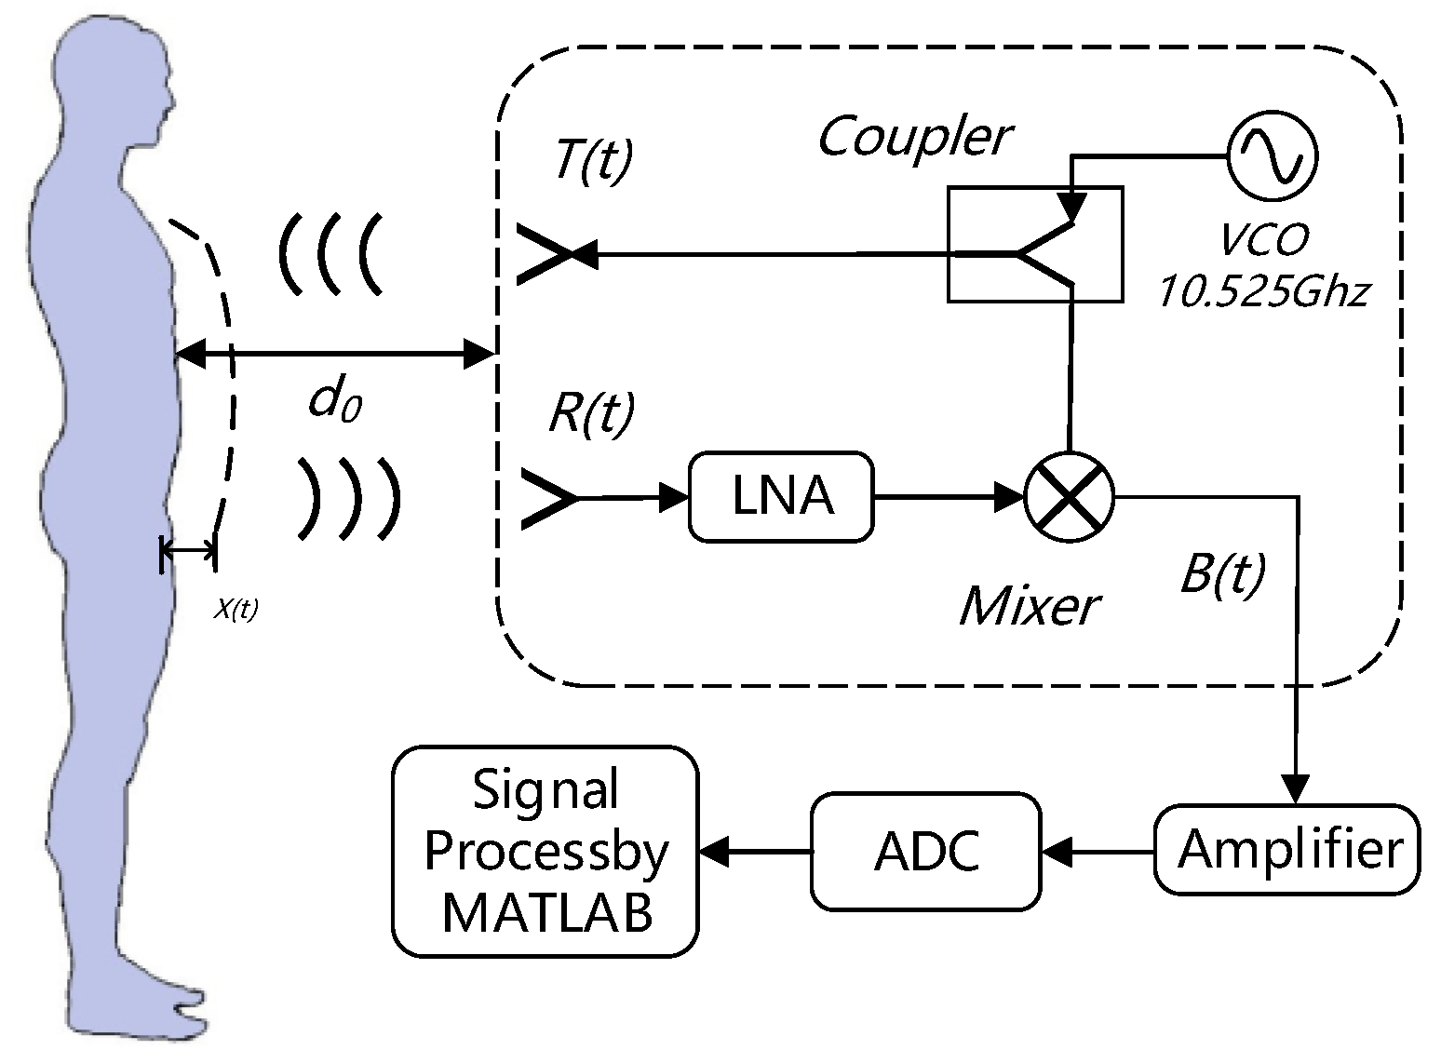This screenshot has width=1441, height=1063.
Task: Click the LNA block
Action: (x=781, y=496)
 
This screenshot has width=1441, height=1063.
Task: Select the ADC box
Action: (x=925, y=851)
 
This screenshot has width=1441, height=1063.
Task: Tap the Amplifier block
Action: (x=1287, y=850)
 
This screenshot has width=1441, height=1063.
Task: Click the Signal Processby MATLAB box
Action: (x=545, y=851)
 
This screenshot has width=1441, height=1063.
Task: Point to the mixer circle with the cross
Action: (x=1070, y=496)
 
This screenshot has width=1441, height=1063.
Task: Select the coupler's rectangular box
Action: (x=1034, y=244)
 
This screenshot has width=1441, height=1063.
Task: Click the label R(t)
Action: (x=591, y=411)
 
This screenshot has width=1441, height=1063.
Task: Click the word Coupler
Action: (x=914, y=138)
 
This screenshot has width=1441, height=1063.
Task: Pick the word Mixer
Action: (x=1030, y=607)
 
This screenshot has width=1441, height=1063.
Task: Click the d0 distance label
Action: (x=334, y=402)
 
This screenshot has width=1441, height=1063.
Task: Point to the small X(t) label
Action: (x=236, y=610)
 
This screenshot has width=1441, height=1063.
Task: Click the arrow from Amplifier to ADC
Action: (x=1098, y=851)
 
